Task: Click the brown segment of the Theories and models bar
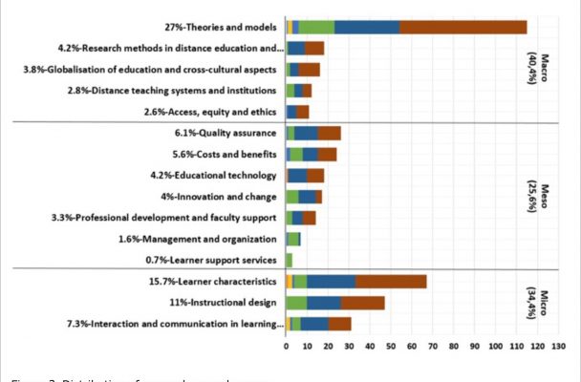click(x=463, y=27)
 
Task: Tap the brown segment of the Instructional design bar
click(x=362, y=303)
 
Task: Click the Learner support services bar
click(x=290, y=260)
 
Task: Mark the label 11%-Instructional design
click(x=226, y=303)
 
